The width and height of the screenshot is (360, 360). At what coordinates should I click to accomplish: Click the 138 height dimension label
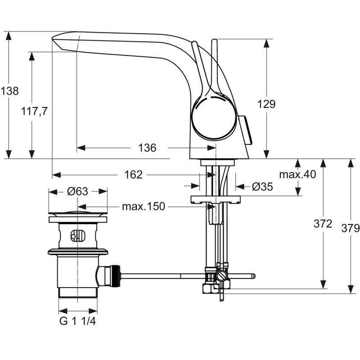point(9,91)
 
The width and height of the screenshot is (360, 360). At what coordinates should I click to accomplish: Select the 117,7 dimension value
point(35,111)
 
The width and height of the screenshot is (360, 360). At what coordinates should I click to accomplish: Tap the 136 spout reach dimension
point(147,148)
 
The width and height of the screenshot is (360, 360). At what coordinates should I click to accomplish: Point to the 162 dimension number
point(133,175)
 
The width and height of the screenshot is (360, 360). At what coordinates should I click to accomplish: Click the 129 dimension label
point(266,104)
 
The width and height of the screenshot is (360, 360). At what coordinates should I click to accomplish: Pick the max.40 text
point(297,174)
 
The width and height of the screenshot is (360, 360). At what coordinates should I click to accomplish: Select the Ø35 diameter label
point(262,186)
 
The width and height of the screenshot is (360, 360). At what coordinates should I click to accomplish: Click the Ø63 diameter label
point(77,191)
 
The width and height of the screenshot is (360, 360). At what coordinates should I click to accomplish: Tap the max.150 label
point(144,207)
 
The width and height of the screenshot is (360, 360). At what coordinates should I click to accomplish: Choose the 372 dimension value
point(323,224)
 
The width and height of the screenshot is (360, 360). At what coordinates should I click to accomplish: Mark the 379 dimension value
point(351,228)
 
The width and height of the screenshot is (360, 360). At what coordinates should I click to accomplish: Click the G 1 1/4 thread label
point(77,321)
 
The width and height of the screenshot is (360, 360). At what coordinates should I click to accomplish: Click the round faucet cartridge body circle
point(214,116)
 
